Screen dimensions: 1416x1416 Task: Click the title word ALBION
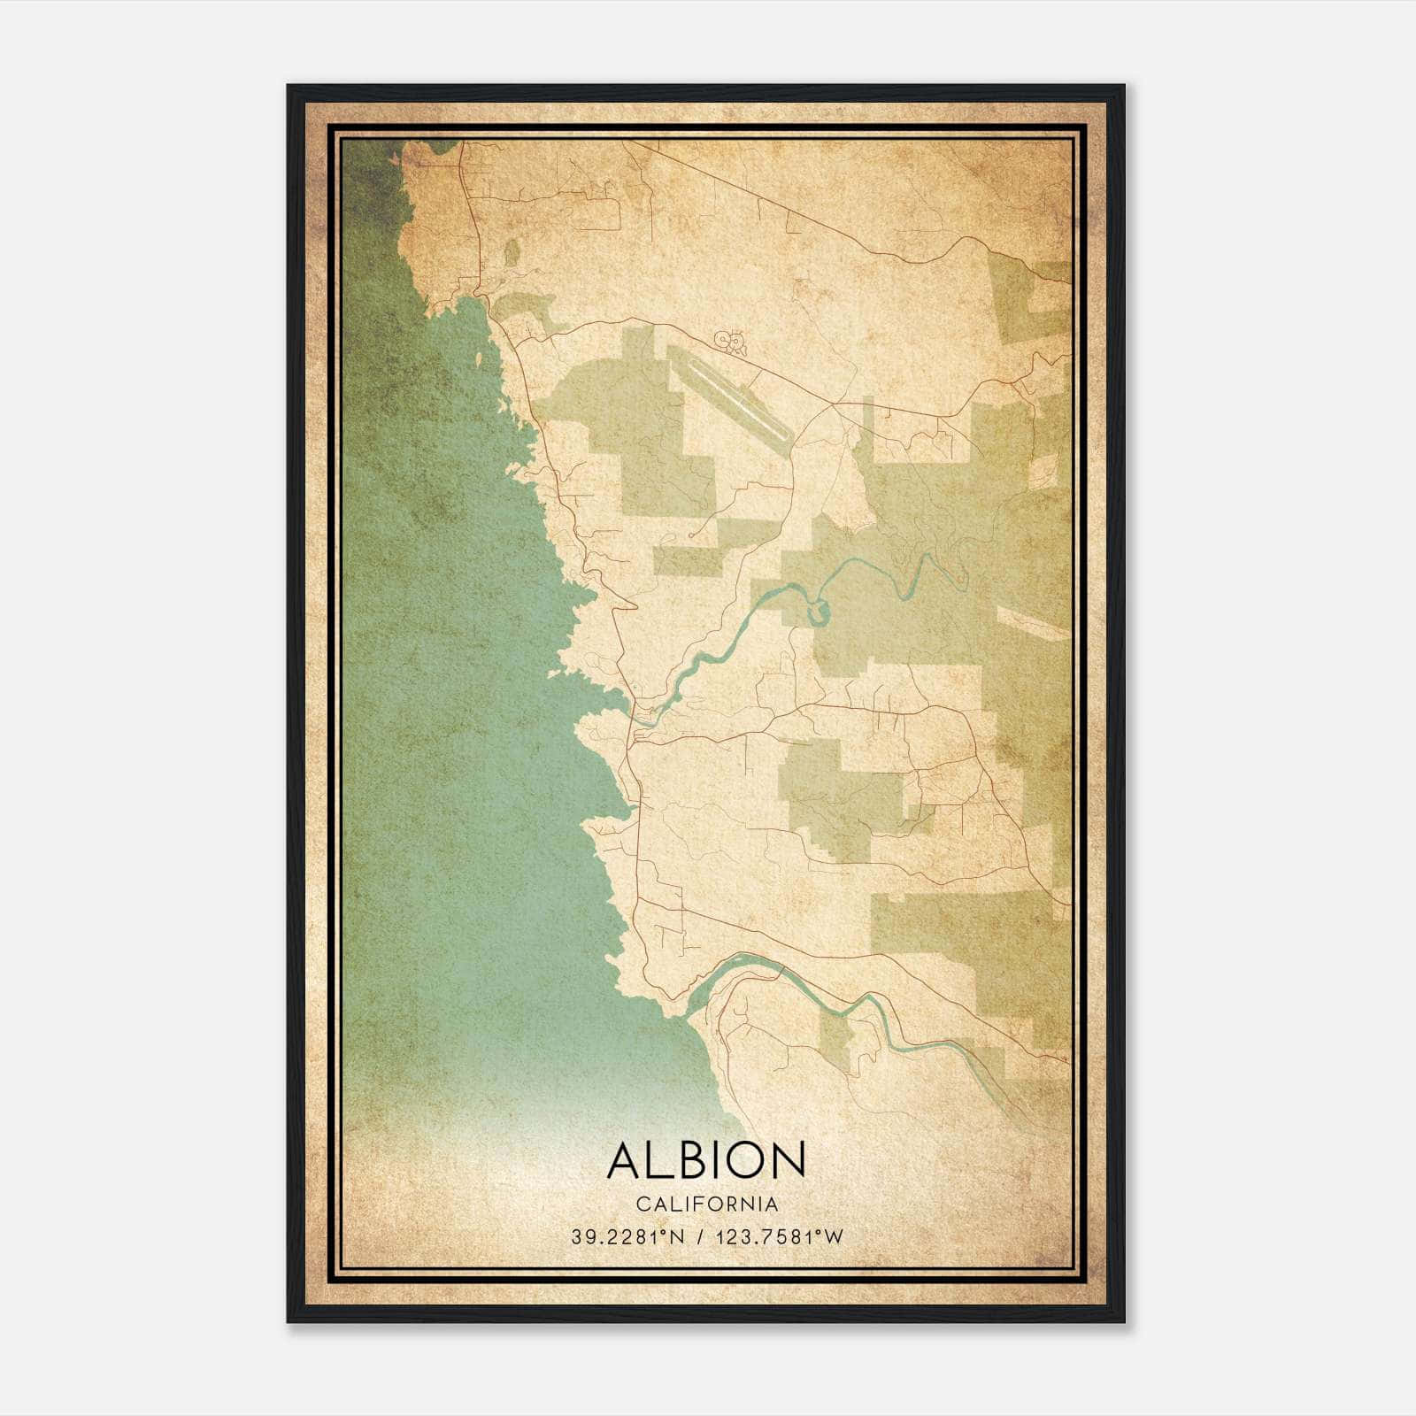(x=706, y=1160)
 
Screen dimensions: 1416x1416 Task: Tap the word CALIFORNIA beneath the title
(x=706, y=1204)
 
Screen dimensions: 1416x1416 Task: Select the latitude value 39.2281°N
(x=627, y=1237)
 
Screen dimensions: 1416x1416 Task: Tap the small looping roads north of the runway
(x=731, y=341)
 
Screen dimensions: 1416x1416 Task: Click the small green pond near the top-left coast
(x=512, y=252)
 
